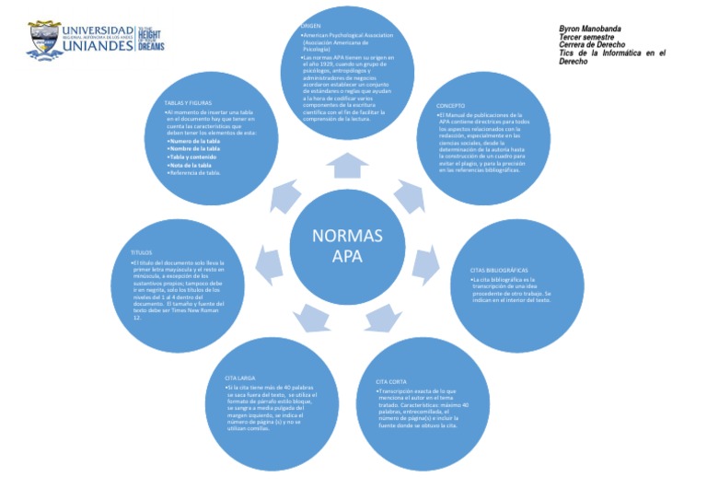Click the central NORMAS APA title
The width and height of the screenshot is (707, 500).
click(347, 245)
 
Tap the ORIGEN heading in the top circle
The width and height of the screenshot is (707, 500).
click(312, 25)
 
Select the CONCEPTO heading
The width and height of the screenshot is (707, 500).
click(451, 106)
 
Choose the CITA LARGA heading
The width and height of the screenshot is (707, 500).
click(239, 378)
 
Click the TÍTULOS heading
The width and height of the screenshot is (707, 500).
click(141, 251)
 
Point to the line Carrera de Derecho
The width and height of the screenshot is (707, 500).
click(593, 45)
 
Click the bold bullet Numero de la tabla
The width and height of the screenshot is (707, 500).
click(194, 141)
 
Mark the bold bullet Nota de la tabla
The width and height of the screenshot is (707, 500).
click(191, 165)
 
